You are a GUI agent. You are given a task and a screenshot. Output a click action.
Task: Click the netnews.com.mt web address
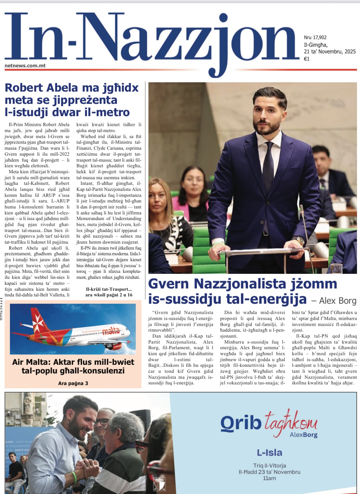click(25, 66)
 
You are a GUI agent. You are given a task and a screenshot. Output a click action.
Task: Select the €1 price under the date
click(307, 59)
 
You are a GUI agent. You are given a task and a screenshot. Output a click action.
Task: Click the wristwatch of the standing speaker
click(299, 241)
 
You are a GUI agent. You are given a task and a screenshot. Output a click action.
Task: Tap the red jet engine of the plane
click(114, 346)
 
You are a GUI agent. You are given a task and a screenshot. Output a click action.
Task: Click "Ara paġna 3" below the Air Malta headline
click(73, 383)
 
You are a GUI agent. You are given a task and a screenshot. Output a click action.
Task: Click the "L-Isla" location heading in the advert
click(269, 453)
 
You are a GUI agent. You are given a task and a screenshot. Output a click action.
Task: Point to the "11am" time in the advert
click(269, 478)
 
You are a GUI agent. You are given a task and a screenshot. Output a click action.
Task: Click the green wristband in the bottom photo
click(74, 477)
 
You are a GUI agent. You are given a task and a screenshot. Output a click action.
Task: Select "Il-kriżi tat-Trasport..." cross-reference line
click(109, 289)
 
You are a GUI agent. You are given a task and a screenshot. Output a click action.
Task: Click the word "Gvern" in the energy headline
click(169, 284)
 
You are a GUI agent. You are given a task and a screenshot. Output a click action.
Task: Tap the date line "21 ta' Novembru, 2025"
click(329, 51)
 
